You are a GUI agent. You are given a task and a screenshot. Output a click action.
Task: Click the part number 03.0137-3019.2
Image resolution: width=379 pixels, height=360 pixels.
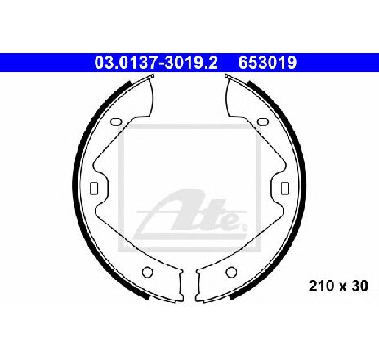click(156, 63)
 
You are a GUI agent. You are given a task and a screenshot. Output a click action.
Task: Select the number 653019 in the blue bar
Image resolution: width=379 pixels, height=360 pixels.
click(267, 63)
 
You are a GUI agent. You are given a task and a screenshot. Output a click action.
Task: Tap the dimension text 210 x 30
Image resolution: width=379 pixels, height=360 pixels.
click(338, 286)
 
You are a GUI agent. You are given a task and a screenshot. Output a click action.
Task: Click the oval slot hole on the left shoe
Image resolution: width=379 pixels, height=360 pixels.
click(116, 122)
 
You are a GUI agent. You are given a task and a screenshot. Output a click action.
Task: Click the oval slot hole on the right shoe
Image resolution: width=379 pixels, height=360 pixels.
click(263, 122)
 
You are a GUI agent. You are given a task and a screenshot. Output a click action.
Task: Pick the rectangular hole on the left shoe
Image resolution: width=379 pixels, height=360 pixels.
click(94, 189)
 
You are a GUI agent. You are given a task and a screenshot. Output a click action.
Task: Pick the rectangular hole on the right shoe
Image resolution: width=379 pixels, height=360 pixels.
click(285, 189)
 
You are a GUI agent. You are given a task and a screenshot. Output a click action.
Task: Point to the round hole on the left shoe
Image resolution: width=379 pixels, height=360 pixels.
click(147, 272)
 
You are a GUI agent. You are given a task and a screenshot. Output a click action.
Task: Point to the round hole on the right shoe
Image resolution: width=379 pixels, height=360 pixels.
click(231, 272)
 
